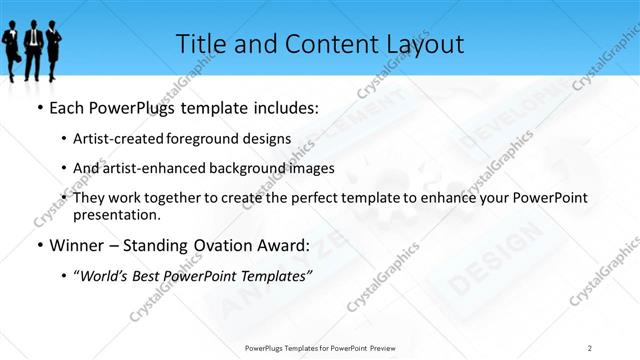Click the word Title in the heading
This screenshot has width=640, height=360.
199,44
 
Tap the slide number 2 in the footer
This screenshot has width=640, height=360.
590,347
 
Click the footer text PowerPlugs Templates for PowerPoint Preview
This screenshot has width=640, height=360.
319,347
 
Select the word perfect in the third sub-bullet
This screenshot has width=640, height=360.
289,198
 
